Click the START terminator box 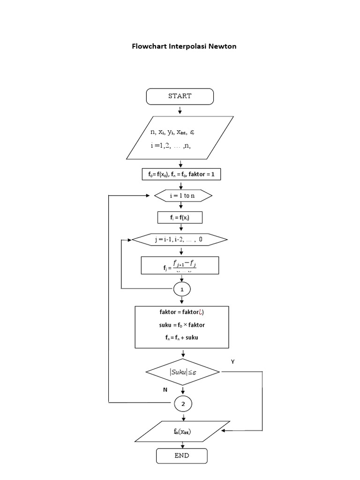pyautogui.click(x=180, y=96)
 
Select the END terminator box pyautogui.click(x=181, y=455)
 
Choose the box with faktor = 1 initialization pyautogui.click(x=181, y=174)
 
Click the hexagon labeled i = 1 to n pyautogui.click(x=183, y=195)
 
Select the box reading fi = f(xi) pyautogui.click(x=180, y=218)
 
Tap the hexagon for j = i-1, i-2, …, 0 pyautogui.click(x=180, y=240)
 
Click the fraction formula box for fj pyautogui.click(x=180, y=265)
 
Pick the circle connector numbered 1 pyautogui.click(x=182, y=290)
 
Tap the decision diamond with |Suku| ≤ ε pyautogui.click(x=183, y=372)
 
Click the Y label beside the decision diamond pyautogui.click(x=232, y=361)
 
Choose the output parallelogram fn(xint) pyautogui.click(x=182, y=431)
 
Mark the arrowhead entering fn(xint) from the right pyautogui.click(x=225, y=430)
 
